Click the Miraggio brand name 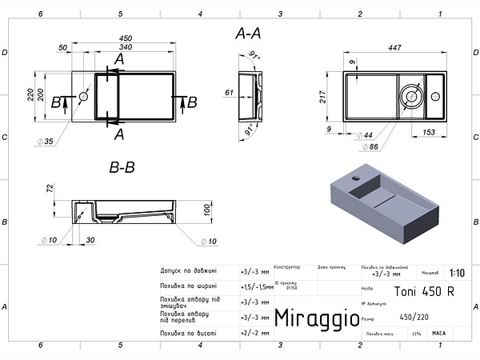coord(317,318)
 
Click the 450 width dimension coord(126,38)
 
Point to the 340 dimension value coord(126,47)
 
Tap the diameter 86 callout coord(370,147)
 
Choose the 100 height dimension coord(206,209)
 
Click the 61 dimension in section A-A coord(229,94)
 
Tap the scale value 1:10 coord(456,272)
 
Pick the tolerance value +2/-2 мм coord(254,332)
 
